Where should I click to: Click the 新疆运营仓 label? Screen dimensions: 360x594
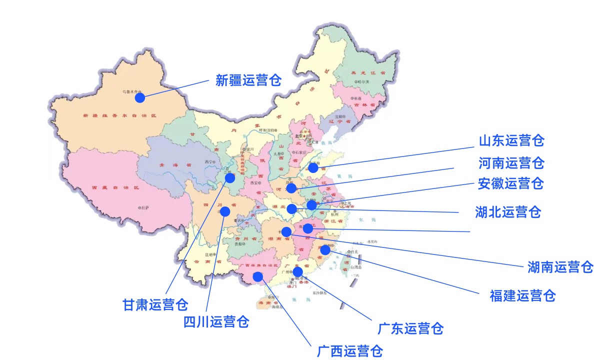pyautogui.click(x=248, y=80)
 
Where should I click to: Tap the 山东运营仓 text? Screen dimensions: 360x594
pyautogui.click(x=511, y=140)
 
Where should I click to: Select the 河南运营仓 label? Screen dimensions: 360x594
pyautogui.click(x=511, y=162)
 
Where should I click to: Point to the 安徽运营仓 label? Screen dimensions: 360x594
pyautogui.click(x=510, y=183)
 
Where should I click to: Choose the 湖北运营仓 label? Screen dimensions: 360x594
pyautogui.click(x=508, y=212)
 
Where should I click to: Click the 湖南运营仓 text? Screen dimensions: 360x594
pyautogui.click(x=560, y=267)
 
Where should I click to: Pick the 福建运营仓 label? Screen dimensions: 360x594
pyautogui.click(x=522, y=295)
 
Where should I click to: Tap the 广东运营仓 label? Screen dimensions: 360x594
pyautogui.click(x=410, y=328)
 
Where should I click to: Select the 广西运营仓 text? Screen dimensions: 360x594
pyautogui.click(x=350, y=351)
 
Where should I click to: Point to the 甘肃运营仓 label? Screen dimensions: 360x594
pyautogui.click(x=155, y=304)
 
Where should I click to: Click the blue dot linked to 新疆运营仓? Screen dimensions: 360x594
pyautogui.click(x=140, y=98)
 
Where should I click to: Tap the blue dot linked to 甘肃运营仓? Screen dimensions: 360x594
pyautogui.click(x=230, y=178)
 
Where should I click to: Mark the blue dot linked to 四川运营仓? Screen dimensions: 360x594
pyautogui.click(x=225, y=211)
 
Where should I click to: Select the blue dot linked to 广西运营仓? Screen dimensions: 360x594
pyautogui.click(x=258, y=276)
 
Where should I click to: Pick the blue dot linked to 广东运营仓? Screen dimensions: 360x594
pyautogui.click(x=297, y=271)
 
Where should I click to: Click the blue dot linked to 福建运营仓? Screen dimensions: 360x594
pyautogui.click(x=325, y=249)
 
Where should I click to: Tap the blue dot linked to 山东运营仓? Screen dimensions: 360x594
pyautogui.click(x=312, y=168)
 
